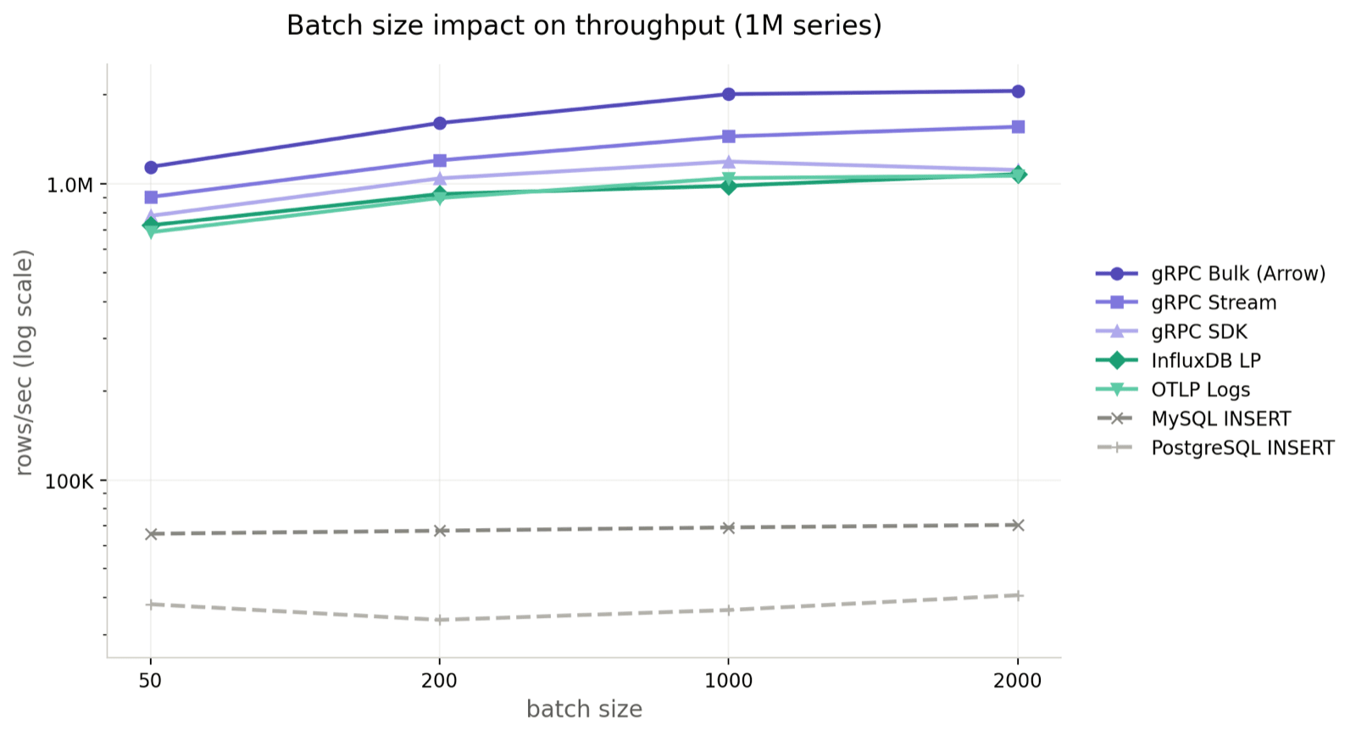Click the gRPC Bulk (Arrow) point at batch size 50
tap(151, 167)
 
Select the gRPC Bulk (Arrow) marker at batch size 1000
tap(729, 94)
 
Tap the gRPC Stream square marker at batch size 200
tap(440, 160)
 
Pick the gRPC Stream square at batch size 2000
tap(1019, 127)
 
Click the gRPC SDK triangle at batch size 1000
tap(729, 161)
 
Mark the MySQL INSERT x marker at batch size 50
tap(151, 534)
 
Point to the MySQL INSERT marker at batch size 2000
tap(1019, 526)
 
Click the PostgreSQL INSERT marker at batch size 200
tap(440, 620)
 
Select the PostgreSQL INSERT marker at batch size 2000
tap(1019, 595)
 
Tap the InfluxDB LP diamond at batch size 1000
tap(729, 186)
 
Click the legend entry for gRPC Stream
tap(1213, 303)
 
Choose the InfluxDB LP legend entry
tap(1205, 360)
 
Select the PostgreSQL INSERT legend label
tap(1242, 448)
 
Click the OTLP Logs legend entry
tap(1200, 390)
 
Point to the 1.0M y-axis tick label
tap(69, 185)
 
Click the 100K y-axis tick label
tap(69, 482)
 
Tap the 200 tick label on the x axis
tap(439, 681)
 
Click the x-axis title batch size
tap(584, 710)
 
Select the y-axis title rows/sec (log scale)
tap(25, 362)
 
